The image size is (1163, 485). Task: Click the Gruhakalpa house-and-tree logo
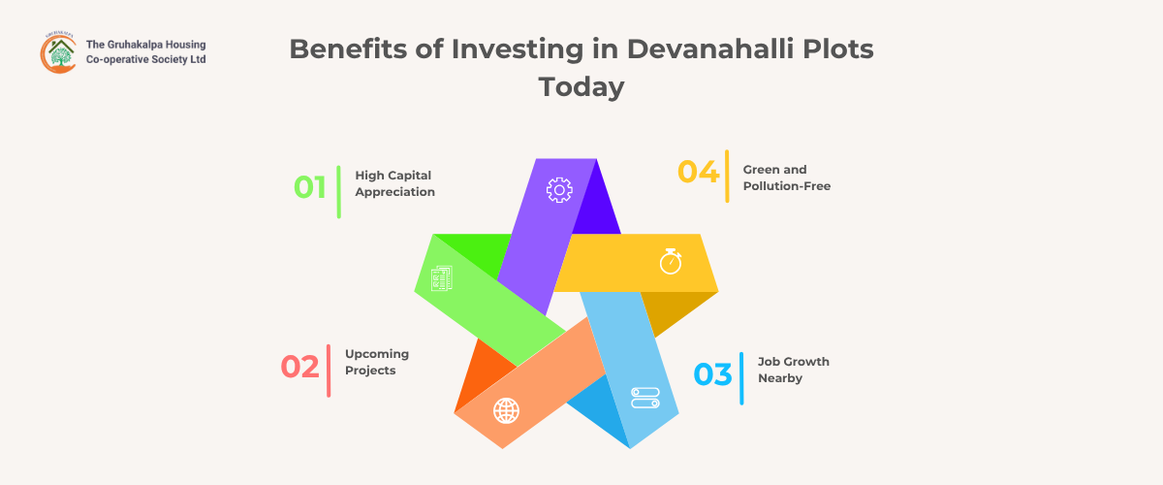[59, 52]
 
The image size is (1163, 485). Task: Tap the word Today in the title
[581, 86]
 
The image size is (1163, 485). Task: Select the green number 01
[310, 187]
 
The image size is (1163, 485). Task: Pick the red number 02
[300, 367]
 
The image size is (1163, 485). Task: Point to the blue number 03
[713, 374]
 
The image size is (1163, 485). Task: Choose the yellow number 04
[699, 172]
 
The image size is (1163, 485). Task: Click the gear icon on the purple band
[559, 190]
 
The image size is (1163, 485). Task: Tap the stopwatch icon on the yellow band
[671, 261]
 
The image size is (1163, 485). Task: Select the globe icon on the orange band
[506, 410]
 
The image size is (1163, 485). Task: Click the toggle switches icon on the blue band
[645, 398]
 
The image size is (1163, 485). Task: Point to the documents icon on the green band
[442, 278]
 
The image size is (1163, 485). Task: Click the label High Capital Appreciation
[395, 183]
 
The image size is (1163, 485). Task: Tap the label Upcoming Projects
[377, 362]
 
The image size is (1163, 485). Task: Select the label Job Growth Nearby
[794, 370]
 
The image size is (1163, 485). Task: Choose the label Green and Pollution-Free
[787, 178]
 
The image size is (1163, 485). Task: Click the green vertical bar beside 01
[339, 192]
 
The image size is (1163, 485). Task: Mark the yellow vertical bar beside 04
[727, 177]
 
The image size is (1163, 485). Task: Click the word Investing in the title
[518, 49]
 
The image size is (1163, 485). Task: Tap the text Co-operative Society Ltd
[146, 59]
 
